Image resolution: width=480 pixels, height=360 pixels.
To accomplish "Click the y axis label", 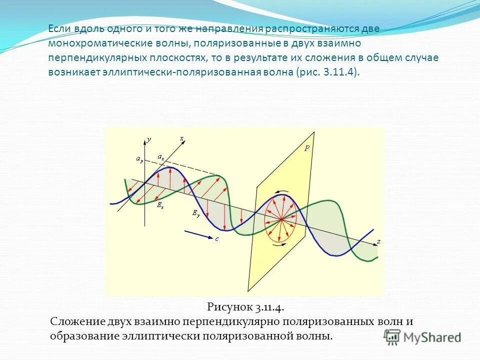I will click(x=149, y=140).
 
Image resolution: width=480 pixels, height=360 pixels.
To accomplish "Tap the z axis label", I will click(x=378, y=241).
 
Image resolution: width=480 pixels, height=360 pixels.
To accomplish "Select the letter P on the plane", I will click(x=307, y=148).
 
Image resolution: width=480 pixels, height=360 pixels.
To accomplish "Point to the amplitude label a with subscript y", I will click(x=139, y=159).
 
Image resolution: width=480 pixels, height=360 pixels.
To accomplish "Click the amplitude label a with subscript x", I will click(x=160, y=157).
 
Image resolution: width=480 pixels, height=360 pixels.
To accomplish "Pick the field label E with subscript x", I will click(x=160, y=204).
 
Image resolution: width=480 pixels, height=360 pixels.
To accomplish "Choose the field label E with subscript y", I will click(x=196, y=213).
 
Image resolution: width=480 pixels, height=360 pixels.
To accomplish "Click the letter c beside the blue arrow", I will click(x=217, y=239).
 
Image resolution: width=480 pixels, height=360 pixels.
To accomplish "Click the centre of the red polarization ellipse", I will click(x=280, y=218).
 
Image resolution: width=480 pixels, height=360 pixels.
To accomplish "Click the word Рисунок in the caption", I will click(x=226, y=306).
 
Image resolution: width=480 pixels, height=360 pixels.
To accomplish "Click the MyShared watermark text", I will click(x=432, y=337).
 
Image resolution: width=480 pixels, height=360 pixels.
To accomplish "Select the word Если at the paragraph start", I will click(x=60, y=28).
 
